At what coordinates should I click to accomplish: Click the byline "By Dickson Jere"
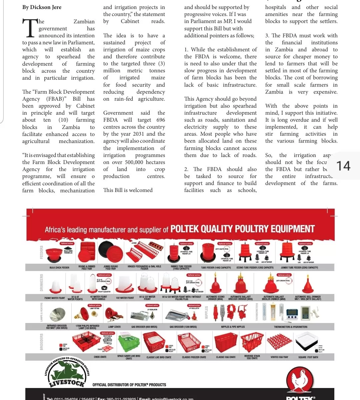click(x=42, y=7)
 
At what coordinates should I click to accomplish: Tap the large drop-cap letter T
click(x=30, y=28)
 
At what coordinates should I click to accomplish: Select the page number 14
click(x=343, y=166)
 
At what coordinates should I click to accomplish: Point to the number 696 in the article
click(x=160, y=120)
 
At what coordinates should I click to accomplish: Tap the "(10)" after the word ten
click(x=63, y=120)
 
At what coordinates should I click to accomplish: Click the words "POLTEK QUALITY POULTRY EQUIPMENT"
click(x=242, y=229)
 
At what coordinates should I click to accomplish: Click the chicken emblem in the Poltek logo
click(x=300, y=380)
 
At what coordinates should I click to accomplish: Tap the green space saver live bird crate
click(x=129, y=343)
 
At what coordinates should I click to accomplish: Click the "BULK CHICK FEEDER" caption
click(x=59, y=268)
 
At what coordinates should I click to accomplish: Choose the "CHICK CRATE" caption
click(x=100, y=357)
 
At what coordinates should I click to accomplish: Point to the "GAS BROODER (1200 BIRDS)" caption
click(x=183, y=327)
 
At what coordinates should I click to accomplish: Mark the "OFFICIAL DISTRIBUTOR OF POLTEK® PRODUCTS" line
click(x=129, y=385)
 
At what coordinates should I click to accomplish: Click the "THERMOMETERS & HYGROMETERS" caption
click(x=290, y=327)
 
